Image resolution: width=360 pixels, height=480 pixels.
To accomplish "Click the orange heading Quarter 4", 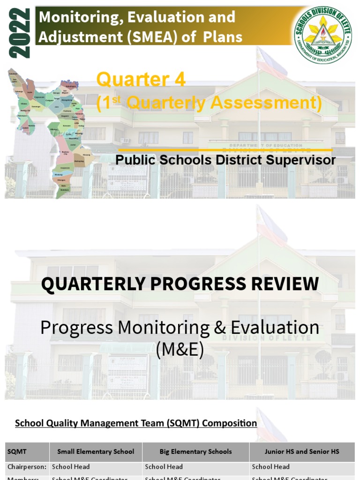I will point(141,80).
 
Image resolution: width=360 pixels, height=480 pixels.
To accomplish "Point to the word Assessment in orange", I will point(266,104).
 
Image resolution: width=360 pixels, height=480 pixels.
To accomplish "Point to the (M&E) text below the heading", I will point(180,349).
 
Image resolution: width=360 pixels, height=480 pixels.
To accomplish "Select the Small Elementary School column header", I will point(96,452).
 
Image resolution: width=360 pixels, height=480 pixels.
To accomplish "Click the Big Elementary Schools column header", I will point(195,452).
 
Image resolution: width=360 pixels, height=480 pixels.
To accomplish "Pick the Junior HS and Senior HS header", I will point(302,452).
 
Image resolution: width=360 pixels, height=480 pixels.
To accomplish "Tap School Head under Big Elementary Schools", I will point(164,467).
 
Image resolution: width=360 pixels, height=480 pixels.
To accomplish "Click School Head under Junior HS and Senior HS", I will point(271,467).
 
